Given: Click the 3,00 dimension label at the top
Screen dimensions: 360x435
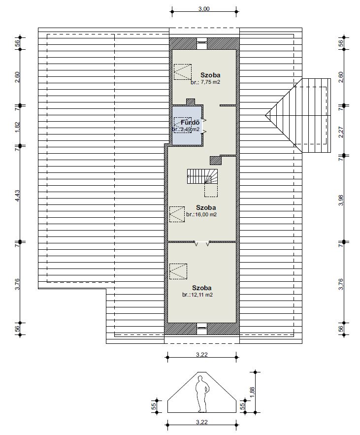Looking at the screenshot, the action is click(204, 8).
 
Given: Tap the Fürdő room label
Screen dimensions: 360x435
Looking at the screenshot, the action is click(190, 122).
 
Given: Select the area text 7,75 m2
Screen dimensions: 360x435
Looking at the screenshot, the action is click(210, 82).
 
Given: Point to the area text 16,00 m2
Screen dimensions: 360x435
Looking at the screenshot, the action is click(205, 214).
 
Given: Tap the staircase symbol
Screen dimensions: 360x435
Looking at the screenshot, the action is click(202, 176).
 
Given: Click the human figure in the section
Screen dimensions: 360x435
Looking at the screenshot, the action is click(201, 394).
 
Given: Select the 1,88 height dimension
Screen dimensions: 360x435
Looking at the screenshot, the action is click(252, 392).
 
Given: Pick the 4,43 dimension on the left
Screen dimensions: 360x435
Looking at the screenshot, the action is click(17, 196).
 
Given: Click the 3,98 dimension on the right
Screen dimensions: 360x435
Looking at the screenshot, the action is click(341, 201).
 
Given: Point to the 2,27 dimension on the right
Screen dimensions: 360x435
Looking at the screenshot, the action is click(341, 132).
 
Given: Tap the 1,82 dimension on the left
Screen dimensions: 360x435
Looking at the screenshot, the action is click(17, 127).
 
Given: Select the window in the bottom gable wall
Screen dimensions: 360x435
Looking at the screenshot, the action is click(201, 328).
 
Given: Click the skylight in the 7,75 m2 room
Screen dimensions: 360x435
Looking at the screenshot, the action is click(183, 72).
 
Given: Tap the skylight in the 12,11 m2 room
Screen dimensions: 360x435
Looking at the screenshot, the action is click(178, 271).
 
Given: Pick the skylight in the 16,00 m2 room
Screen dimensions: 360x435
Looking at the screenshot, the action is click(177, 214).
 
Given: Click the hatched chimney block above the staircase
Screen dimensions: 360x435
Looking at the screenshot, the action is click(215, 160).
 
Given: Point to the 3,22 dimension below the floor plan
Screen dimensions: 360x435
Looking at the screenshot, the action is click(202, 354).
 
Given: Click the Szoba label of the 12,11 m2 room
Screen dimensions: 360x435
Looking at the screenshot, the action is click(201, 288).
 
